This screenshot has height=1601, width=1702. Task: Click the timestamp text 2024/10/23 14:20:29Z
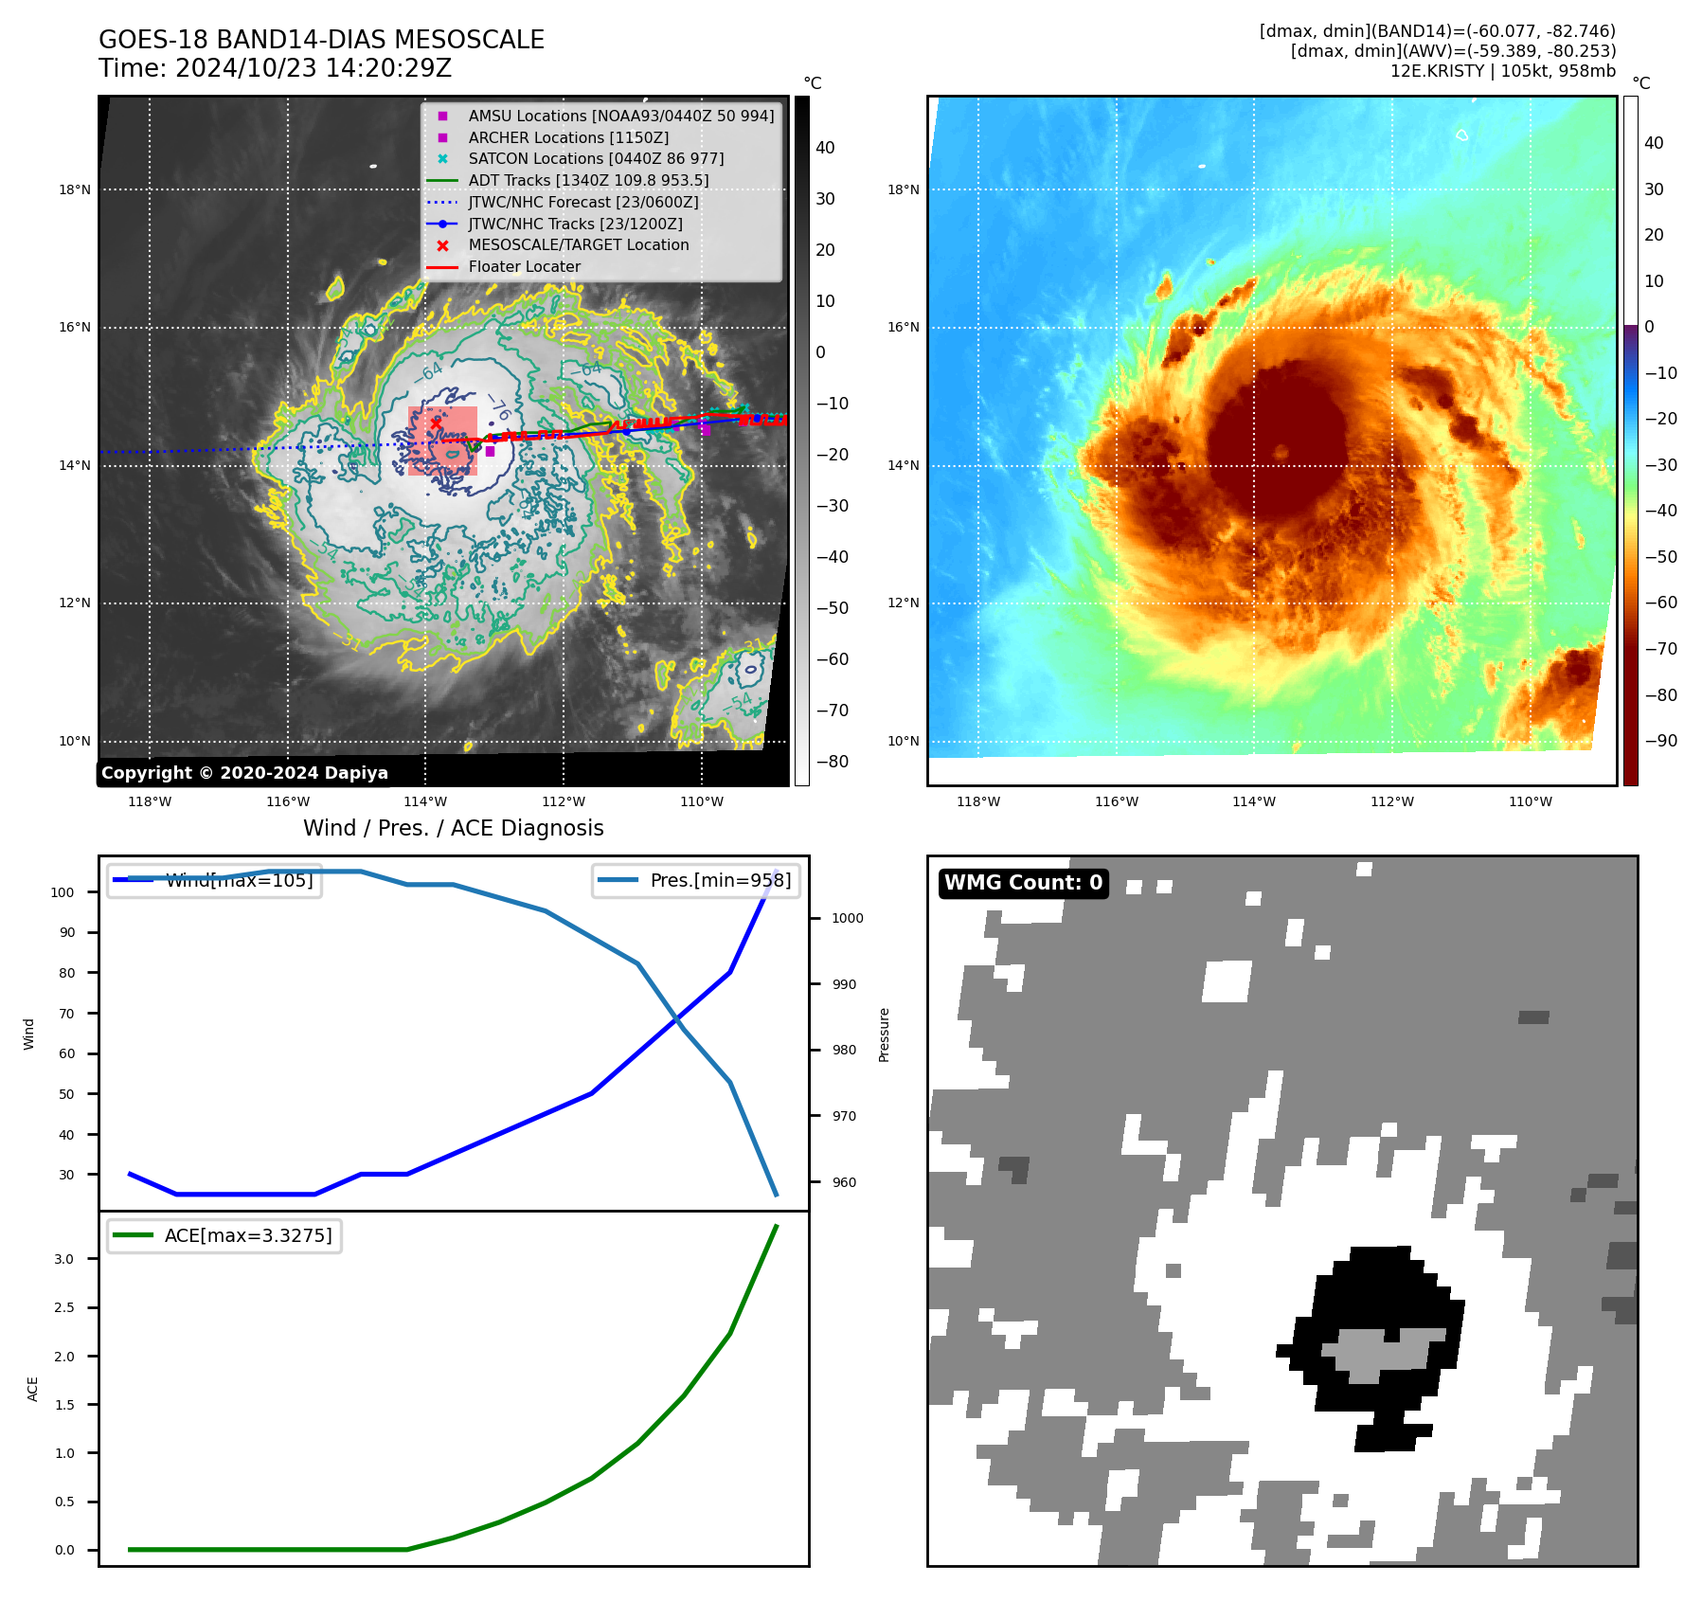(314, 69)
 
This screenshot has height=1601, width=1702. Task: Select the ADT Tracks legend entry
(588, 180)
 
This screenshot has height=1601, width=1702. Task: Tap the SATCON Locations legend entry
(596, 158)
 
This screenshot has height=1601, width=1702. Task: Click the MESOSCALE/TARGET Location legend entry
(578, 244)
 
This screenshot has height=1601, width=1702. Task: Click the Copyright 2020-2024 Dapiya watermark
(244, 773)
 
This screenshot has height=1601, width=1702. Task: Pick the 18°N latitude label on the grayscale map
(75, 189)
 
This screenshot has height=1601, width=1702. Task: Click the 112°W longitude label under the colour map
(1391, 802)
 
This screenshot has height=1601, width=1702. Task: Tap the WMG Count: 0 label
(1023, 883)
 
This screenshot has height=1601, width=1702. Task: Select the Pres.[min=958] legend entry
(720, 880)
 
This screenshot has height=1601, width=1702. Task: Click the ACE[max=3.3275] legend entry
(248, 1235)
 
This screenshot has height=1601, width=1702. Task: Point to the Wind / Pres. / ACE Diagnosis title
(453, 828)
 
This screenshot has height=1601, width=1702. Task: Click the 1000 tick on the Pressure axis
(847, 918)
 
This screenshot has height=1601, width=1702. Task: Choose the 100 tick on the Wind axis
(62, 892)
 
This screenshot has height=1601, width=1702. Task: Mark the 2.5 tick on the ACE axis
(64, 1307)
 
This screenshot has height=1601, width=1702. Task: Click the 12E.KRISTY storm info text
(1502, 71)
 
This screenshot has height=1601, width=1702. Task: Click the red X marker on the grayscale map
(436, 423)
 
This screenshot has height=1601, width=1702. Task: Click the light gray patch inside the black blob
(1383, 1352)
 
